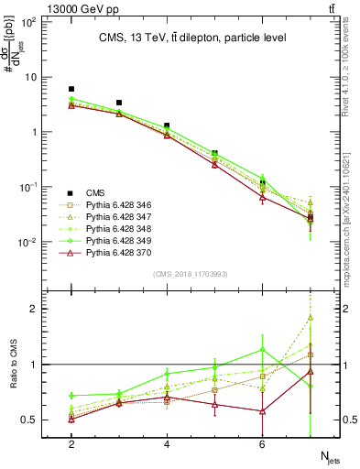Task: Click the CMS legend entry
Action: coord(94,191)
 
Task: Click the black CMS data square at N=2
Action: coord(71,89)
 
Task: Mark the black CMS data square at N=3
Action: coord(119,103)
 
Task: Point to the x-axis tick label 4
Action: coord(167,444)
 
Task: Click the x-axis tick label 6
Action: coord(262,444)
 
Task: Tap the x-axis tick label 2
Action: coord(71,444)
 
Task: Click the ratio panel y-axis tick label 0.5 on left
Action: coord(32,420)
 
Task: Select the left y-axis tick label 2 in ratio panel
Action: coord(36,309)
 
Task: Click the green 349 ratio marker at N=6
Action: coord(262,349)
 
